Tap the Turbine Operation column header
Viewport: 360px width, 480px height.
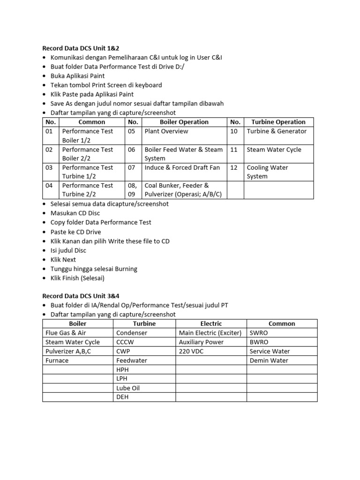click(x=278, y=122)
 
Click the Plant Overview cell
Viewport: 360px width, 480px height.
click(x=166, y=131)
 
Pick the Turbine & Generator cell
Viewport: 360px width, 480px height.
click(x=277, y=131)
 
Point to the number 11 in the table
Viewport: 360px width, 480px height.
click(x=234, y=150)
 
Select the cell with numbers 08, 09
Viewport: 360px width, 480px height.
click(x=132, y=189)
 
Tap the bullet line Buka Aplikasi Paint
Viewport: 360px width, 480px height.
click(x=77, y=75)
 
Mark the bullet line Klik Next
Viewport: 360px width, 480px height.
click(x=63, y=260)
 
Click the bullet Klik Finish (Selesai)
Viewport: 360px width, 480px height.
click(x=77, y=278)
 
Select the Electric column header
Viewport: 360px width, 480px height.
click(x=211, y=323)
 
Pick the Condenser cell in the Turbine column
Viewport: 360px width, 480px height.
click(x=132, y=333)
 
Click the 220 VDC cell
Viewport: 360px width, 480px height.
click(x=191, y=351)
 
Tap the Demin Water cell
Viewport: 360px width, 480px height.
click(x=269, y=360)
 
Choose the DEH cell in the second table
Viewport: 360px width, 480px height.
click(x=122, y=397)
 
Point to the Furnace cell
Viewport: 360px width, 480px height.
click(x=57, y=360)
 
